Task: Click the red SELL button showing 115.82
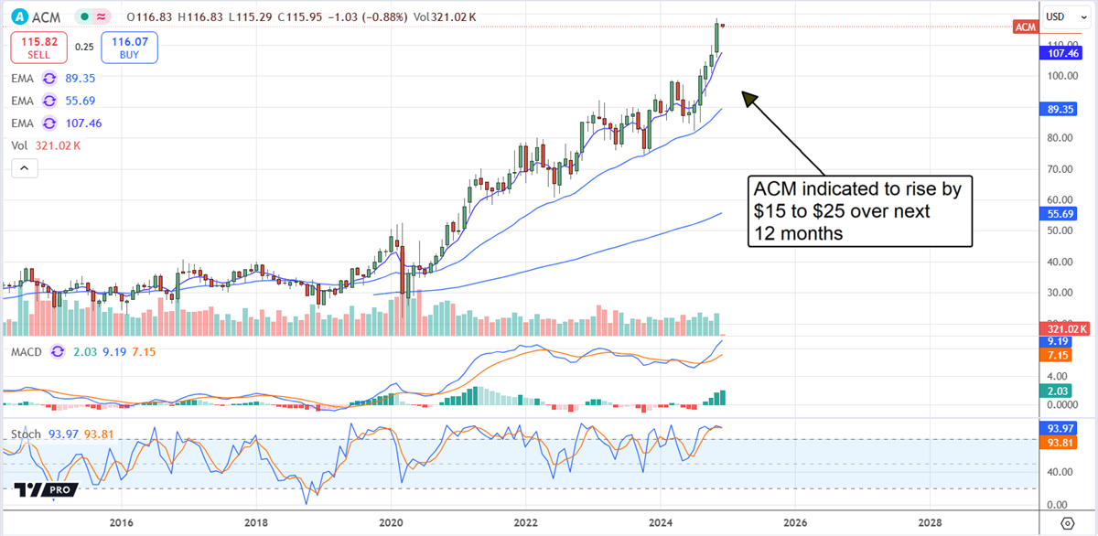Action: [x=38, y=48]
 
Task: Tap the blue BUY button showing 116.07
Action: [x=132, y=48]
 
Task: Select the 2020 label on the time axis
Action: [x=391, y=522]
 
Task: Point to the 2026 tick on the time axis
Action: [x=795, y=522]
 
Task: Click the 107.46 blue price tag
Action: [x=1060, y=54]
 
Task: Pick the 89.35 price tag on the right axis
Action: [x=1060, y=108]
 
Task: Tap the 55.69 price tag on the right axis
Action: [x=1060, y=213]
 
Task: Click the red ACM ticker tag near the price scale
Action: [x=1026, y=27]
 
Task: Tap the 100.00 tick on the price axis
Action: [x=1061, y=77]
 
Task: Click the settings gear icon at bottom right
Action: [x=1067, y=522]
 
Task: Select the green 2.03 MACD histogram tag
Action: [x=1060, y=391]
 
